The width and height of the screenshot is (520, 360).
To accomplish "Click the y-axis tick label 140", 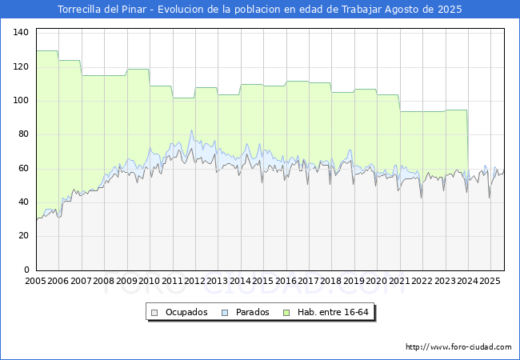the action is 21,33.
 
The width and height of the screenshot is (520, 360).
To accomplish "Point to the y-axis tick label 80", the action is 23,134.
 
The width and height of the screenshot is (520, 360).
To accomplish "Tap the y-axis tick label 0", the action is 26,270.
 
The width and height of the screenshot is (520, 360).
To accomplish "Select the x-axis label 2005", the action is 35,281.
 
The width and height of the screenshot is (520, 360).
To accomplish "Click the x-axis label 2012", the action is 194,281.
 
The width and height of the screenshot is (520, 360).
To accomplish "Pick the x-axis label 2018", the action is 331,281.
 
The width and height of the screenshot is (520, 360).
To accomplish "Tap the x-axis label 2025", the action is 490,281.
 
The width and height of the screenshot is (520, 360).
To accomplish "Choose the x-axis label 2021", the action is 399,281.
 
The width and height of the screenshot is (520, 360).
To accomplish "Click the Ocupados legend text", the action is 186,312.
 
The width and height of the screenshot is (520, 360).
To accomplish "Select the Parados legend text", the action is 252,312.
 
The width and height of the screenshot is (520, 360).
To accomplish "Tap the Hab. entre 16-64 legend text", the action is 333,312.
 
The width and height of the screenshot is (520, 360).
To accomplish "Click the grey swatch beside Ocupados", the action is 154,313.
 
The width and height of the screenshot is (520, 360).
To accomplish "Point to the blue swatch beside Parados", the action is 225,313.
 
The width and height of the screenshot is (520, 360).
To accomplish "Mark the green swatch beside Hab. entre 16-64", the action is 286,313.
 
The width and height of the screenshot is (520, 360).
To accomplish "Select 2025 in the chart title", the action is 450,10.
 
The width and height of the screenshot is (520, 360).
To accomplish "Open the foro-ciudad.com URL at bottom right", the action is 458,347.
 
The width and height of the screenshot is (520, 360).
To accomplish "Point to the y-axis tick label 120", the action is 21,66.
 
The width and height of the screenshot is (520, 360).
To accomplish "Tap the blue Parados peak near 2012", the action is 191,130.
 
